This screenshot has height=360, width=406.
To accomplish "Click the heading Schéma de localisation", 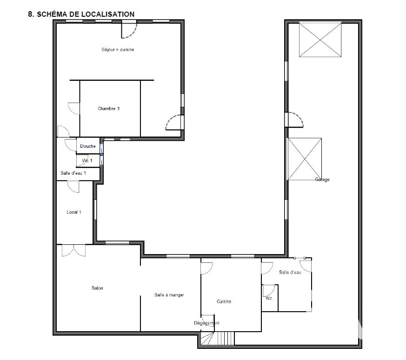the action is [81, 14].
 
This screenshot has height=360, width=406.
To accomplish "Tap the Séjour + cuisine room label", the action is [118, 50].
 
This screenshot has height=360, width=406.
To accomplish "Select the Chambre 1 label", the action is [108, 109].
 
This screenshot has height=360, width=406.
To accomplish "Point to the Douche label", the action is [88, 146].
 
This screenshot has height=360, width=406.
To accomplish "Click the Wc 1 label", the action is [87, 161].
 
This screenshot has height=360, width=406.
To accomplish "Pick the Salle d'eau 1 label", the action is [73, 173].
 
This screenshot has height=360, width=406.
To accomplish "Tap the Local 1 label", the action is [74, 212].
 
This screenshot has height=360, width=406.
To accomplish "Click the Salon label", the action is [97, 288].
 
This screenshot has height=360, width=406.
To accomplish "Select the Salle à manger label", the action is [169, 295].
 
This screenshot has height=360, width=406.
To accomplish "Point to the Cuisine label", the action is [224, 301].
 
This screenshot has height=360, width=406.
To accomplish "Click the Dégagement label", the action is [206, 323].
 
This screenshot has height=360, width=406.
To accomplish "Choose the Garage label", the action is [322, 179].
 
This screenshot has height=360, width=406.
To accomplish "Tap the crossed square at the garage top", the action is [320, 40].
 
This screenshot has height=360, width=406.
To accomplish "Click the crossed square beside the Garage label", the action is [305, 159].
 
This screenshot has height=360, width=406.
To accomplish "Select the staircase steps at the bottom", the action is [226, 338].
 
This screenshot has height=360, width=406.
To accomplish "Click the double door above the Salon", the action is [74, 250].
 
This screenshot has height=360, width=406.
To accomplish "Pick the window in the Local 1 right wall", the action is [95, 209].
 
